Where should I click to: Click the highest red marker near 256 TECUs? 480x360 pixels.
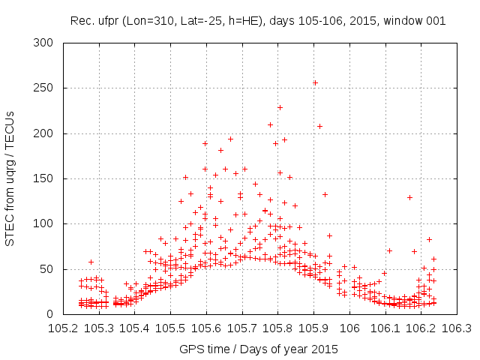coord(315,82)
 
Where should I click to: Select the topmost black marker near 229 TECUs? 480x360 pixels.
coord(280,107)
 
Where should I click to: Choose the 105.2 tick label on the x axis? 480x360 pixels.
coord(63,328)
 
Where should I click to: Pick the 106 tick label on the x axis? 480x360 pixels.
coord(349,328)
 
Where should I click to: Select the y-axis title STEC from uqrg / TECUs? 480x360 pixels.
coord(10,178)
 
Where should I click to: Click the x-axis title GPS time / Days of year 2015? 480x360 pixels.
coord(259,349)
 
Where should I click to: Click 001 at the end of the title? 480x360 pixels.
coord(436,21)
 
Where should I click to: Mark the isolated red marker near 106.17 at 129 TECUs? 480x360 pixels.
coord(409,197)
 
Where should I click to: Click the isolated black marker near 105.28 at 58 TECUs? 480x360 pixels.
coord(91,262)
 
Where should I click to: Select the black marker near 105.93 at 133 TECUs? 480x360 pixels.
coord(325,194)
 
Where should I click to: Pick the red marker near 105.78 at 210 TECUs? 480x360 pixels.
coord(270,124)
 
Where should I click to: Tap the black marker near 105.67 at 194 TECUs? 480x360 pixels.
coord(231,139)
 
